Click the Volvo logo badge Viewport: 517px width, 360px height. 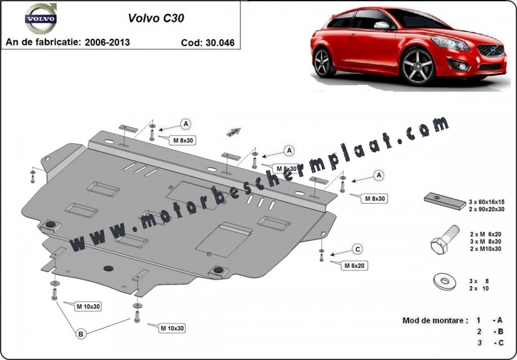(x=41, y=18)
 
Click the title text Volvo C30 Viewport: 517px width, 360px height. (x=156, y=18)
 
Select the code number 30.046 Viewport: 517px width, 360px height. (x=220, y=43)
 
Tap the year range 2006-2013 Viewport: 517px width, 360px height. (x=107, y=42)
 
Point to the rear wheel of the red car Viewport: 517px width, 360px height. (x=323, y=63)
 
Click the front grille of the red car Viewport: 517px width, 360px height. (x=491, y=50)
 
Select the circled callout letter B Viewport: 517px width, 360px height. (x=80, y=334)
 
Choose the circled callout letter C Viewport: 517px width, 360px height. (x=357, y=249)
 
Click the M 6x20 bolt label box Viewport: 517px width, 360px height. (x=355, y=265)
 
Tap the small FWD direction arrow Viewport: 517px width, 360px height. (x=233, y=132)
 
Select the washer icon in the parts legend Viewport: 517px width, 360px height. (x=444, y=281)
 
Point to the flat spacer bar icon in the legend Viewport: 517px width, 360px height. (x=445, y=201)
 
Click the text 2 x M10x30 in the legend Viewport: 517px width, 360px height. (x=486, y=249)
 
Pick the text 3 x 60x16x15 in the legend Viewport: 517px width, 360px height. (x=486, y=202)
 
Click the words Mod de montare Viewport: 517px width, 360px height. (x=435, y=320)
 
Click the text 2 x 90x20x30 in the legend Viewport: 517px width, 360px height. (x=486, y=209)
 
